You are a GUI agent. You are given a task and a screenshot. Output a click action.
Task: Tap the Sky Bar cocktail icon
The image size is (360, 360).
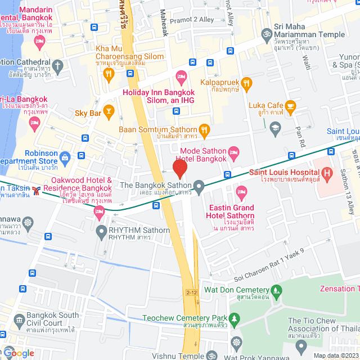pos(109,112)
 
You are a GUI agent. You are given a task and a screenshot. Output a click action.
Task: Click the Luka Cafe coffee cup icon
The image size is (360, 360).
pos(290,105)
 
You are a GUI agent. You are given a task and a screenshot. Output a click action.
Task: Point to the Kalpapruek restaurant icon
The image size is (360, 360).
pos(247,83)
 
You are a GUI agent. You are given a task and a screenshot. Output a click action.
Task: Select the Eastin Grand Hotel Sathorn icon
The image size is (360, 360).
pos(241,191)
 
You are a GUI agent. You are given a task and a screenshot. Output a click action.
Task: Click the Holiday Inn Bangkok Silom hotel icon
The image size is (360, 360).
pos(181,76)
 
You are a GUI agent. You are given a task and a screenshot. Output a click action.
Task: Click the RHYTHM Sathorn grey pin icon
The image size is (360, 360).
pos(101,230)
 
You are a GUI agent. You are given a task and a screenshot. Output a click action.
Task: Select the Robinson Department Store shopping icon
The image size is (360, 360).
pos(65,156)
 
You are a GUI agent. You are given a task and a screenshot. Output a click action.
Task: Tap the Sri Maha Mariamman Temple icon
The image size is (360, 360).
pos(267,34)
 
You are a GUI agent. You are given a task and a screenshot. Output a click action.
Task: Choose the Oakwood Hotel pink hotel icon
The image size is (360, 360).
pos(100,212)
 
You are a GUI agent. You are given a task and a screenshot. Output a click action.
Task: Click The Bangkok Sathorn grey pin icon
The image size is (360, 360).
pos(199,185)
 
